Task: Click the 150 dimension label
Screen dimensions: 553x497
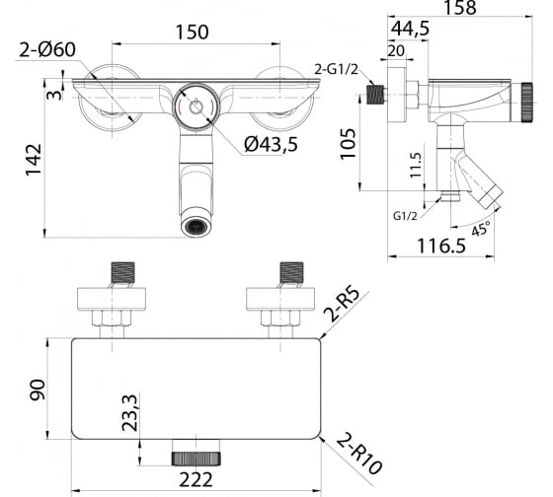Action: pos(193,33)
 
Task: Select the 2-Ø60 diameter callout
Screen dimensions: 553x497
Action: pos(47,49)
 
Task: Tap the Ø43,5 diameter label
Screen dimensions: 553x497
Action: pos(271,144)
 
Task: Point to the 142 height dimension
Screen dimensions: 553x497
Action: pos(34,159)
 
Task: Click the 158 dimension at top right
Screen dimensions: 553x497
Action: pos(459,8)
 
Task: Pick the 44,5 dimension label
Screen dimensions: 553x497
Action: pos(410,29)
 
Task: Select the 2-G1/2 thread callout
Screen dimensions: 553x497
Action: pos(336,70)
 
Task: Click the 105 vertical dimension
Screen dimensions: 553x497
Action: pos(348,144)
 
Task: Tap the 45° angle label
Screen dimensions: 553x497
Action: pos(481,229)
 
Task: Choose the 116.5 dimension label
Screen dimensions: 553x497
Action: pos(441,246)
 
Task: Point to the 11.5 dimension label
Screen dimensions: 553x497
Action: pos(416,166)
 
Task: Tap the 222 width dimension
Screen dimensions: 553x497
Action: pos(197,479)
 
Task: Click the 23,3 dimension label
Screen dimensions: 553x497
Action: pos(129,413)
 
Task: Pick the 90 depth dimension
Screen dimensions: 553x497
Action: pos(38,390)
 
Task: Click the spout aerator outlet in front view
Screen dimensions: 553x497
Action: pos(197,226)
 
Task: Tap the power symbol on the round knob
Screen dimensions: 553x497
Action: pos(196,106)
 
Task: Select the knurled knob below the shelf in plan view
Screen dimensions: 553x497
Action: pos(197,459)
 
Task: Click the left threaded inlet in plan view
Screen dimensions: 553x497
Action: pos(123,272)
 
